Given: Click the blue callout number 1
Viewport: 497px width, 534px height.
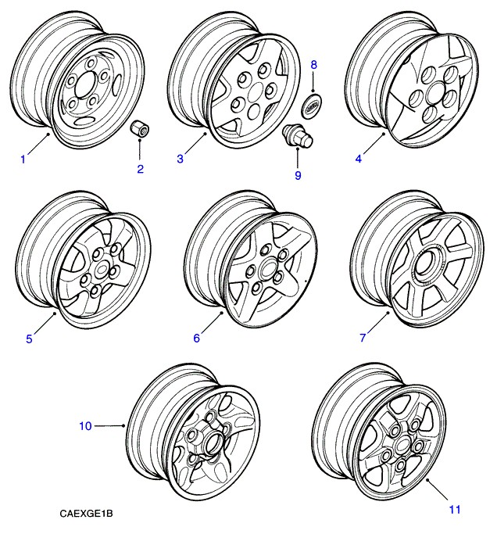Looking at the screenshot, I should click(23, 159).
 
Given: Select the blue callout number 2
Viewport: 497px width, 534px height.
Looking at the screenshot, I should click(141, 169).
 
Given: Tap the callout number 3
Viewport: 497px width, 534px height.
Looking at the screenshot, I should click(180, 159).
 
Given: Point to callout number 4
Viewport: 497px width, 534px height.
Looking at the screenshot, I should click(358, 159).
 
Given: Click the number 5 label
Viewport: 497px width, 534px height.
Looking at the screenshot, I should click(29, 339).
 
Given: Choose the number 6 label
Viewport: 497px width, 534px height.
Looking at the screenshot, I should click(197, 339).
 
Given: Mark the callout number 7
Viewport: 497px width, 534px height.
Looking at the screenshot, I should click(363, 339).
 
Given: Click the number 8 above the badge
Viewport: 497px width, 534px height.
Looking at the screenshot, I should click(314, 63).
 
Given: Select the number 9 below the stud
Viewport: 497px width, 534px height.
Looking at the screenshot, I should click(298, 175).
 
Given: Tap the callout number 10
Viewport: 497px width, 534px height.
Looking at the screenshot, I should click(85, 425).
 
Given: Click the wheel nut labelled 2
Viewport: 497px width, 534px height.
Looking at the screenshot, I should click(141, 129).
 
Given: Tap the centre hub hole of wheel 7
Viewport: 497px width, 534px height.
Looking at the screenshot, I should click(426, 266).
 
